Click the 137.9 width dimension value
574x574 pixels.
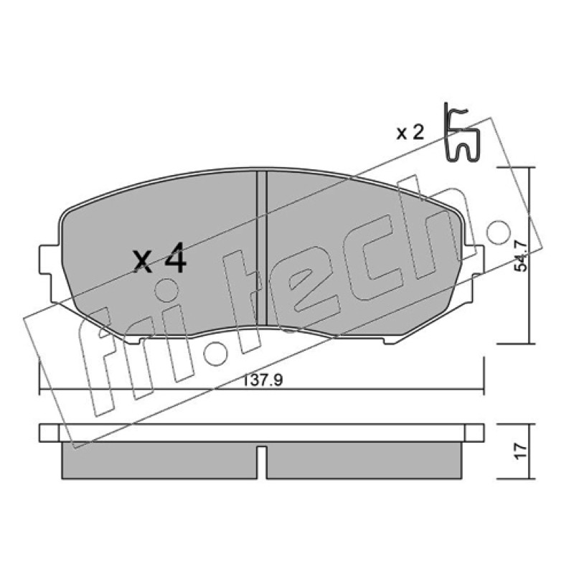point(263,380)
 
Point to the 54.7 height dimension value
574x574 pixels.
point(521,255)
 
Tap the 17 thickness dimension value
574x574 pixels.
point(521,451)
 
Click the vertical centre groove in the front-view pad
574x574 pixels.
point(261,248)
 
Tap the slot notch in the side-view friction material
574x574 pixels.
point(261,462)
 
